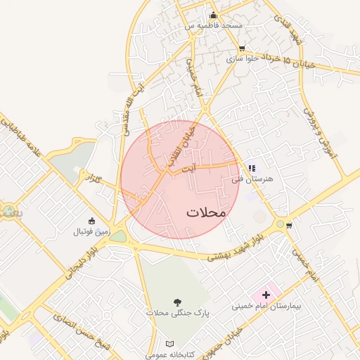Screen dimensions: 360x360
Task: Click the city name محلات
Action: [206, 212]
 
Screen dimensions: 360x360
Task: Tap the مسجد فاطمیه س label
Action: [214, 25]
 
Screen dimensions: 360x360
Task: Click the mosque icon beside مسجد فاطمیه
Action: [214, 15]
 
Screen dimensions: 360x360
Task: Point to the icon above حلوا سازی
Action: [243, 49]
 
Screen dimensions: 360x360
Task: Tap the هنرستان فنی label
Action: [252, 179]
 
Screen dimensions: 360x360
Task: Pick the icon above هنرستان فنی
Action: [251, 169]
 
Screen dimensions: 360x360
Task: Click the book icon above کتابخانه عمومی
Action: [169, 344]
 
